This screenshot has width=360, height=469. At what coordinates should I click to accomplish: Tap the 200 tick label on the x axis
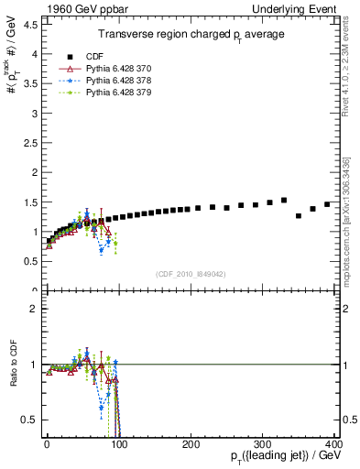click(191, 442)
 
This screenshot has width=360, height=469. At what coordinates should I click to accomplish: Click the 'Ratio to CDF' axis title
click(13, 364)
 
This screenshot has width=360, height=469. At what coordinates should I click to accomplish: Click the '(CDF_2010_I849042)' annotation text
click(191, 274)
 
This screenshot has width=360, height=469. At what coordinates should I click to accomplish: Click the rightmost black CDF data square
click(327, 204)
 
